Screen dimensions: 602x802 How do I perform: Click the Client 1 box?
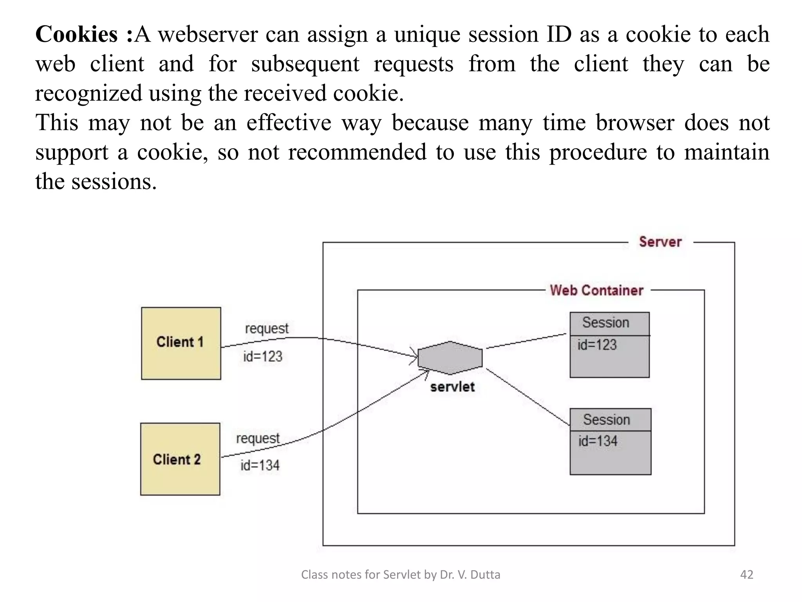[181, 343]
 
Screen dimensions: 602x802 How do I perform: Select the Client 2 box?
[180, 459]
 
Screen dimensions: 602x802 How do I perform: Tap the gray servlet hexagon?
[450, 358]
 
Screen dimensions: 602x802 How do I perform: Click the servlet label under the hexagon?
[452, 387]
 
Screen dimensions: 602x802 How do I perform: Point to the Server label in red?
[660, 242]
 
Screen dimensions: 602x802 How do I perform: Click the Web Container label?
[596, 290]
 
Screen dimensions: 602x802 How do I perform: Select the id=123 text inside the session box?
[597, 345]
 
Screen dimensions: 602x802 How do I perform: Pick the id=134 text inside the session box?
[598, 441]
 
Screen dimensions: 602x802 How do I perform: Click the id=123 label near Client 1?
[262, 356]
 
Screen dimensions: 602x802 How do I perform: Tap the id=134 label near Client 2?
[260, 465]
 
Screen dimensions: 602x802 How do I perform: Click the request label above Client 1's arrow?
[267, 328]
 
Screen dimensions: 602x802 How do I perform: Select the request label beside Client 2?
[258, 438]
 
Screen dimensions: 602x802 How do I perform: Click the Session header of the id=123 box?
[605, 323]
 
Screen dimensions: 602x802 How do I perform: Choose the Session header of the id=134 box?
[607, 419]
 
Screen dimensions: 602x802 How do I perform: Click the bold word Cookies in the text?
[76, 34]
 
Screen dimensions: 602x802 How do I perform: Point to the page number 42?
[746, 575]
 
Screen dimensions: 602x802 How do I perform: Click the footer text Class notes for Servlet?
[400, 575]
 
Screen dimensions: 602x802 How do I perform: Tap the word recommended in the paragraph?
[357, 152]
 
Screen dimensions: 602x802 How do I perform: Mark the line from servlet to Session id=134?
[528, 397]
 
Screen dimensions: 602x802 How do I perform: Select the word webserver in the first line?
[208, 34]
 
